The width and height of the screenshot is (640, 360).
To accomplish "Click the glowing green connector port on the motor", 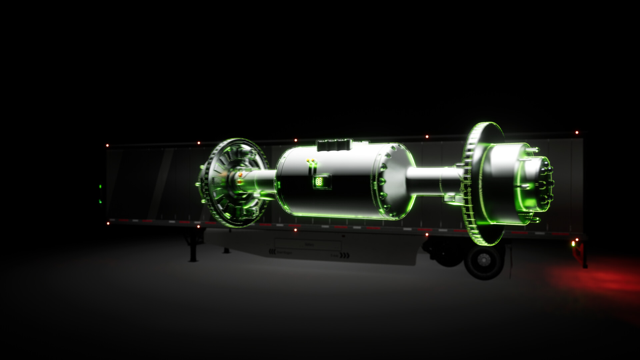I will (x=319, y=182).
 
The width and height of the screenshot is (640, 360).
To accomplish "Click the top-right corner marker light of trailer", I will (x=577, y=133).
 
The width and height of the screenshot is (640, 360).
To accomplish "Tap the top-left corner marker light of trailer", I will (x=107, y=145).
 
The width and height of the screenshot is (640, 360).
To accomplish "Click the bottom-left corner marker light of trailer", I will (x=108, y=224).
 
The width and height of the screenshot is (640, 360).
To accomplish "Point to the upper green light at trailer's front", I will (x=100, y=187).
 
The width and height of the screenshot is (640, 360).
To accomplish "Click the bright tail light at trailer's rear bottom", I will (x=573, y=244).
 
